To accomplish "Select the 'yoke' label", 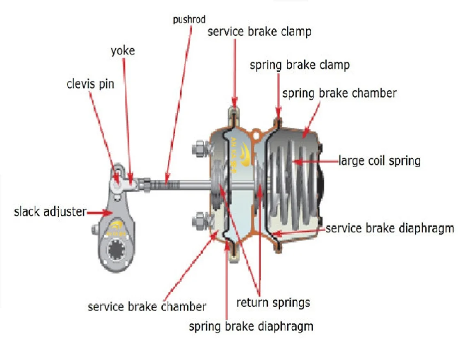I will (123, 51).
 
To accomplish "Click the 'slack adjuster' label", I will (50, 212).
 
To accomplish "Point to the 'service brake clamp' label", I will (259, 32).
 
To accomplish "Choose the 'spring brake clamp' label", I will (300, 65).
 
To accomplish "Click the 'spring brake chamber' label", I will (340, 93).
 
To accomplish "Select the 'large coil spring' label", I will (380, 160).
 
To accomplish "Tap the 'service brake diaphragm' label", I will (390, 228).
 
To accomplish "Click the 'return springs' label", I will (273, 303).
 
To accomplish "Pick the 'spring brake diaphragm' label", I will (251, 326).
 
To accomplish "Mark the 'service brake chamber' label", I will (147, 306).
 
